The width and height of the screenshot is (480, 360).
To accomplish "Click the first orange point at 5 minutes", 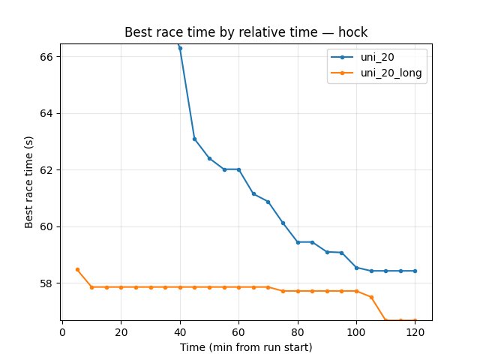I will pos(77,269).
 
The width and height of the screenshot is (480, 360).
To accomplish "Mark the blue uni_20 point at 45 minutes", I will pos(194,139).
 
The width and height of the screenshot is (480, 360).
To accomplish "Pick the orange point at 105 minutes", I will pos(371,297).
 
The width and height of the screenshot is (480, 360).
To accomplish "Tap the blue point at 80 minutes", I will pos(298,242).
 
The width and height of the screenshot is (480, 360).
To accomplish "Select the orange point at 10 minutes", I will pos(91,287).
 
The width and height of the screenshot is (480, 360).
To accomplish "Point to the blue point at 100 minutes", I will pos(356,268).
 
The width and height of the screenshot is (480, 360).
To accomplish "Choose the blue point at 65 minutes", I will pos(253,193).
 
